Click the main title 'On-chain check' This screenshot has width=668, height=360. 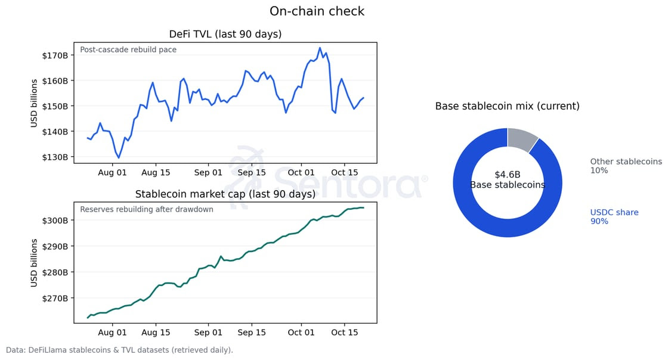pos(317,11)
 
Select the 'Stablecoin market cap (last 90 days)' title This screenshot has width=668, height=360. pos(225,194)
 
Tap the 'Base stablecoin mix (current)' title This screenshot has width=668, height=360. pos(507,106)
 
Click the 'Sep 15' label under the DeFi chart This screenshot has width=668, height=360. pos(251,173)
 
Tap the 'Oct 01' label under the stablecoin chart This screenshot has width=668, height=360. pos(301,332)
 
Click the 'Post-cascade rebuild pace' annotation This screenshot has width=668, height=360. pos(128,50)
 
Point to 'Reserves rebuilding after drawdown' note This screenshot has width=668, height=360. pos(147,209)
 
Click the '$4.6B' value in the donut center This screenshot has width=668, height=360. pos(507,175)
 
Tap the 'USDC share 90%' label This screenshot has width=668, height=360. pos(614,217)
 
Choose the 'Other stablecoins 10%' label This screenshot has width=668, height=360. pos(626,166)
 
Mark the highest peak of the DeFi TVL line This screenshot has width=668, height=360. pos(320,48)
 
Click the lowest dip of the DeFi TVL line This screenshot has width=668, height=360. pos(119,157)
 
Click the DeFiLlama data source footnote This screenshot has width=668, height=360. pos(119,350)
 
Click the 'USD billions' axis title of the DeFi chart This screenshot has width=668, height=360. pos(35,103)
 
